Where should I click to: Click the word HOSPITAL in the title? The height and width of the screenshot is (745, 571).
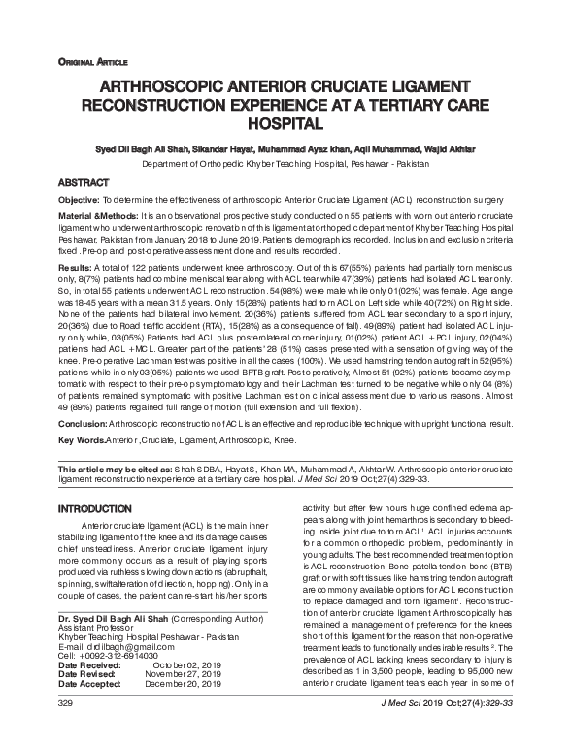tap(284, 124)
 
